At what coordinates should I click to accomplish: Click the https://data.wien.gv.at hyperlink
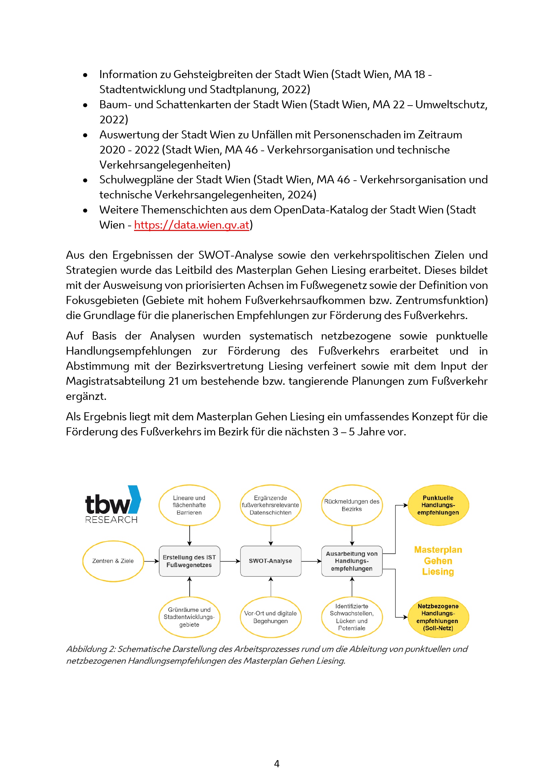191,225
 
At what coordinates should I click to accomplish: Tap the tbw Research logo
112,504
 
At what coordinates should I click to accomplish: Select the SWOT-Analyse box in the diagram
270,561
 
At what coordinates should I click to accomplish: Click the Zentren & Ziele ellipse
113,561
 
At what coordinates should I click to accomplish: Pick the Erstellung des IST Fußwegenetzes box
189,561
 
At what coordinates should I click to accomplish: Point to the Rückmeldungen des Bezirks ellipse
352,505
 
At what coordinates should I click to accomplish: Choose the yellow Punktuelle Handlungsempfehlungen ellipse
438,505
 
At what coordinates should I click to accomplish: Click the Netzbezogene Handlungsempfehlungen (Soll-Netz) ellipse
438,617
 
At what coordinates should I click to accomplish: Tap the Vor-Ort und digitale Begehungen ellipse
270,617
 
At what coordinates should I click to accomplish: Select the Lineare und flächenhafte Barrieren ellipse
189,505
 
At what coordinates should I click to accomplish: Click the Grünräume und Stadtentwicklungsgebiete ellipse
189,617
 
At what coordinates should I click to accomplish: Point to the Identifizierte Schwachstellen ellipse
352,617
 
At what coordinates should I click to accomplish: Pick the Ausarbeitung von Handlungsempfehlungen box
352,561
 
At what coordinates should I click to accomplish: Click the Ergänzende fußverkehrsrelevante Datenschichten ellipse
270,505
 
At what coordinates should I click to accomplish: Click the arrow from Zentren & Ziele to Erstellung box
151,561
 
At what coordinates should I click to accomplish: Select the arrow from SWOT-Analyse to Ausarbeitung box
311,561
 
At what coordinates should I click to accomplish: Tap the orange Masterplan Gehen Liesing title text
438,561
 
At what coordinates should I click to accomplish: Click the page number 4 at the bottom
277,764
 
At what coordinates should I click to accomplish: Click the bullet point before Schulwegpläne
85,180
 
